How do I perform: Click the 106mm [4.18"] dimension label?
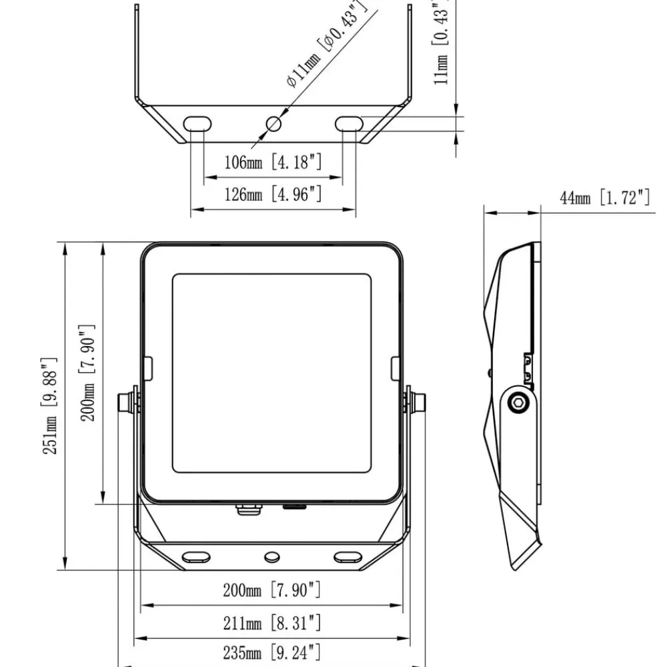click(x=273, y=162)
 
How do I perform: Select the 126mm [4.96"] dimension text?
click(x=273, y=194)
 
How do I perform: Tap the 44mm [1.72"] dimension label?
click(x=604, y=198)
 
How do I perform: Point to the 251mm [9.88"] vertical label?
click(x=49, y=406)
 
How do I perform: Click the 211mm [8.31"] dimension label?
click(x=272, y=623)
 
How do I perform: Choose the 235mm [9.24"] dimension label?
click(x=272, y=652)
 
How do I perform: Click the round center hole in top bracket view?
click(x=273, y=124)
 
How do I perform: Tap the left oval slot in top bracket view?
click(x=197, y=124)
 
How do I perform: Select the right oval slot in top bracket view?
click(x=350, y=124)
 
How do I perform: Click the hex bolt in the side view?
click(x=518, y=403)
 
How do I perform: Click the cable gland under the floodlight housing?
click(x=248, y=509)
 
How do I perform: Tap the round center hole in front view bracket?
click(x=272, y=557)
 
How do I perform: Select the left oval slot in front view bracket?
click(x=196, y=557)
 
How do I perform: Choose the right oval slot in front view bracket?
click(x=348, y=557)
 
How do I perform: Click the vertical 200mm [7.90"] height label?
click(x=87, y=373)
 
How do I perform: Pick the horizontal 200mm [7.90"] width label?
click(x=272, y=590)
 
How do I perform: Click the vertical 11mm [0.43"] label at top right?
click(x=441, y=43)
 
